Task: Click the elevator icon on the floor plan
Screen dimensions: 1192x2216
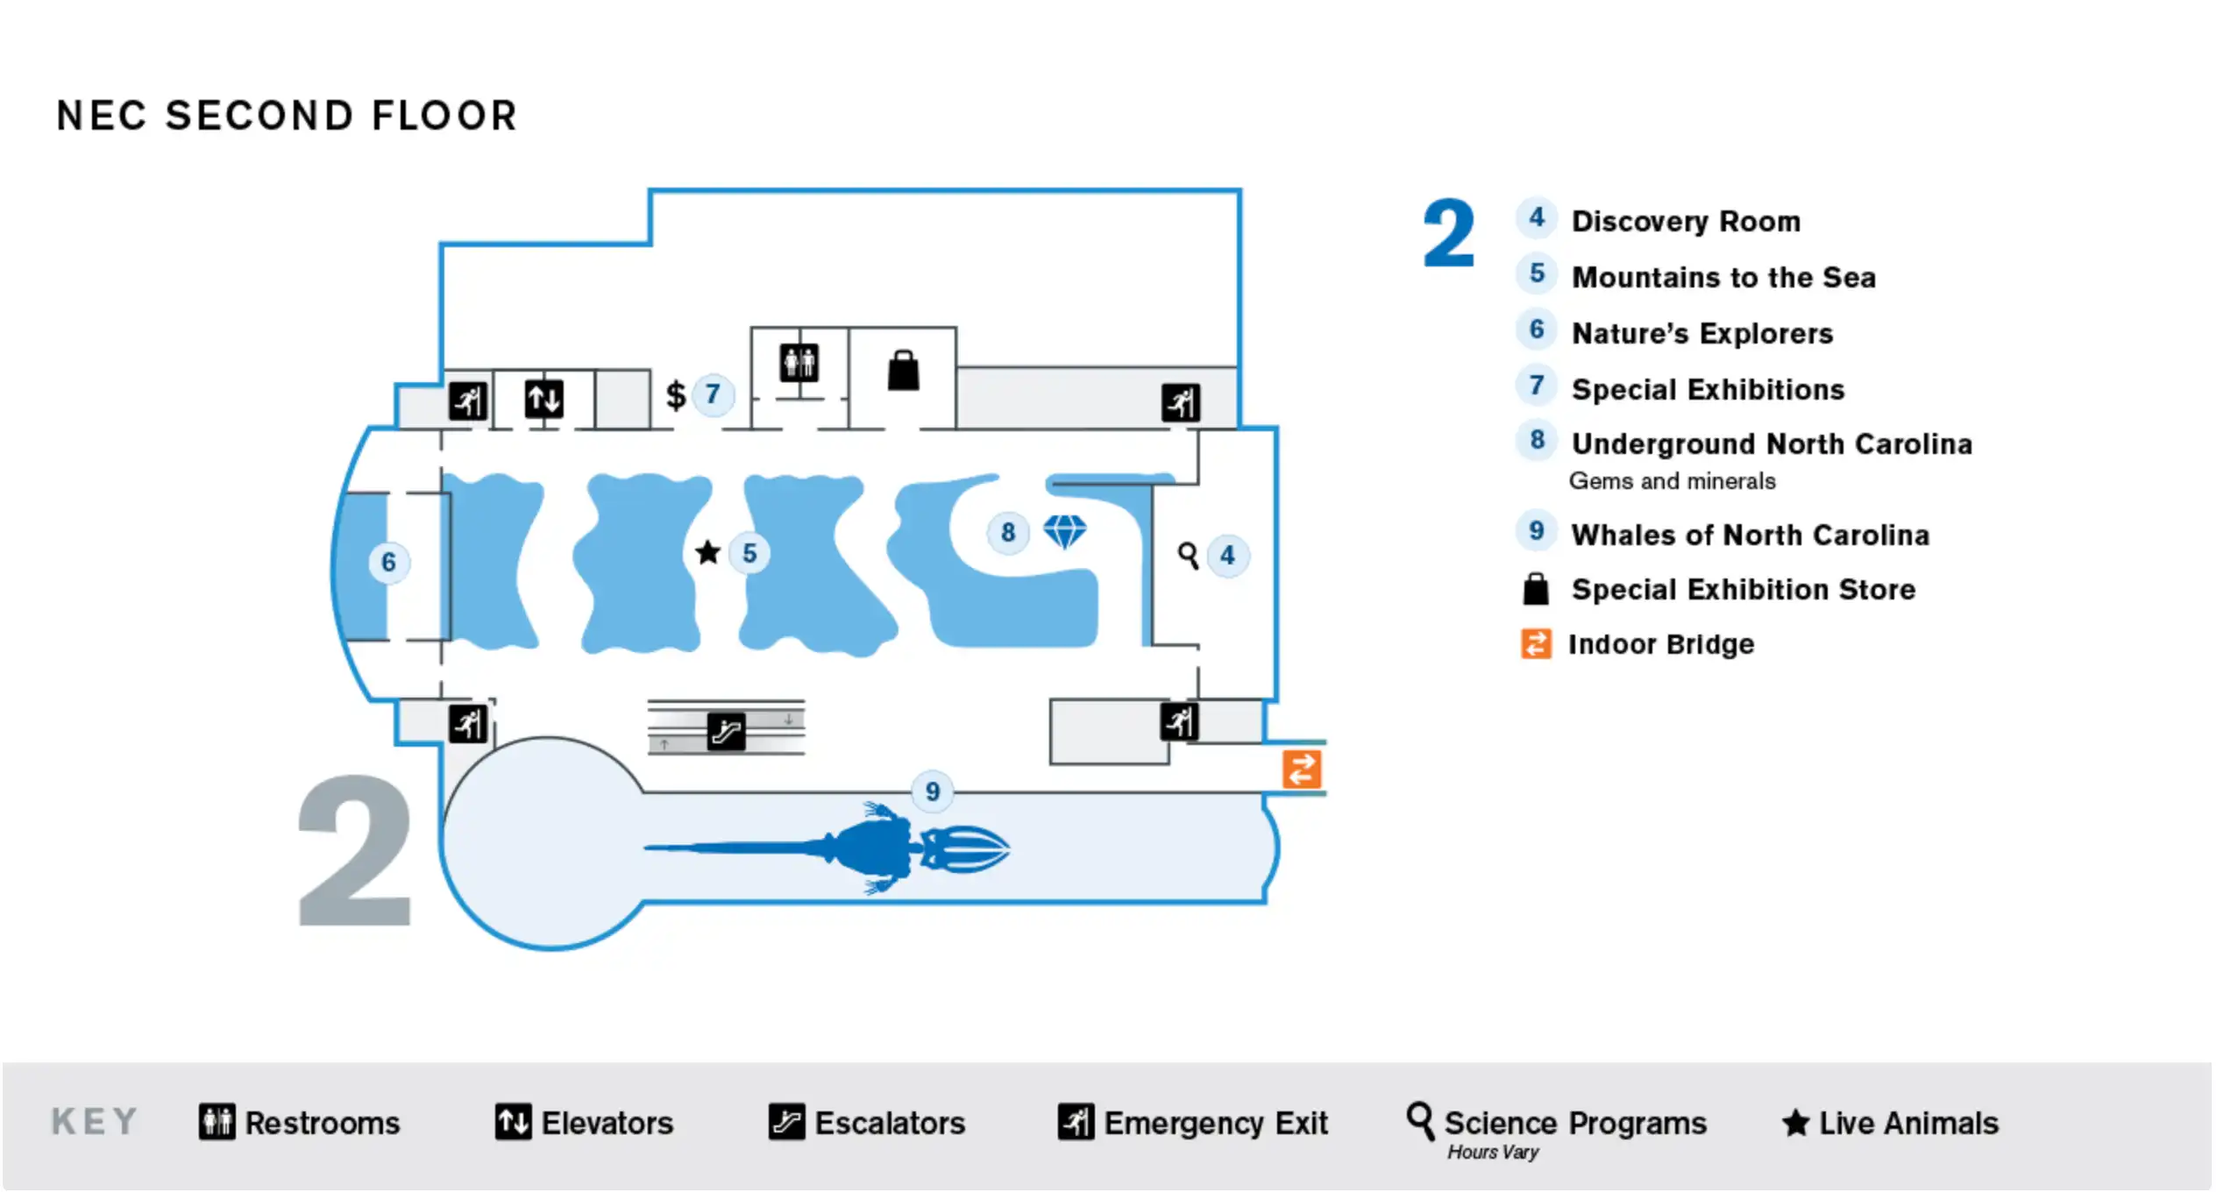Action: coord(543,400)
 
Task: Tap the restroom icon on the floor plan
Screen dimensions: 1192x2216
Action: coord(799,363)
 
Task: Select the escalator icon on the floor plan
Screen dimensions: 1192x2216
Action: coord(726,731)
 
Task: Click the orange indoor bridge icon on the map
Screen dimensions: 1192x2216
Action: coord(1302,770)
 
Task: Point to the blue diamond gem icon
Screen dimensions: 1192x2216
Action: coord(1064,530)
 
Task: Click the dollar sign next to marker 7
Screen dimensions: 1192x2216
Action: coord(675,395)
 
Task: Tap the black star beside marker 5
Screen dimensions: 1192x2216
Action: coord(707,553)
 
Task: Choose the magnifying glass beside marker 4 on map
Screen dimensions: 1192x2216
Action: coord(1188,555)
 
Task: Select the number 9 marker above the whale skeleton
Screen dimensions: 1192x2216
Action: coord(932,791)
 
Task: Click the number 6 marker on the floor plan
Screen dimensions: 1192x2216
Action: coord(388,562)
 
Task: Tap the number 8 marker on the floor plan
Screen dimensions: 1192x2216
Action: coord(1008,531)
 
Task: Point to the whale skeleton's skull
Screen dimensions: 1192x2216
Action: coord(964,848)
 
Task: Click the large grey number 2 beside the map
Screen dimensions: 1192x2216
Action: coord(355,850)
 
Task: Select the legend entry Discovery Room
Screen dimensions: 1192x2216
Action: coord(1685,222)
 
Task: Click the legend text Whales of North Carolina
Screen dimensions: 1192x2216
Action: coord(1750,535)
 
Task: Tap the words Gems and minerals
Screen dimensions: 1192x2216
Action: coord(1672,481)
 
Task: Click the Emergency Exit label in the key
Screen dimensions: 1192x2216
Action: coord(1215,1123)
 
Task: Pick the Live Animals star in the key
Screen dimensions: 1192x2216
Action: coord(1795,1123)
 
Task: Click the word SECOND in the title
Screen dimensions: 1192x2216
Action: coord(259,117)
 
